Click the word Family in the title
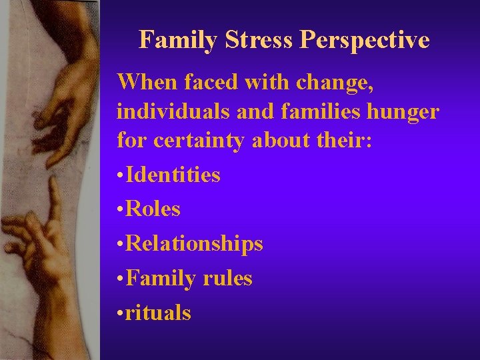point(179,40)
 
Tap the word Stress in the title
point(259,40)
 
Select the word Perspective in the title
point(364,40)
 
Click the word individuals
point(174,111)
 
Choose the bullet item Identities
point(173,175)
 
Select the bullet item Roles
point(153,209)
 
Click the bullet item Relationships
point(194,244)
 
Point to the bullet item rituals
point(158,313)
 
